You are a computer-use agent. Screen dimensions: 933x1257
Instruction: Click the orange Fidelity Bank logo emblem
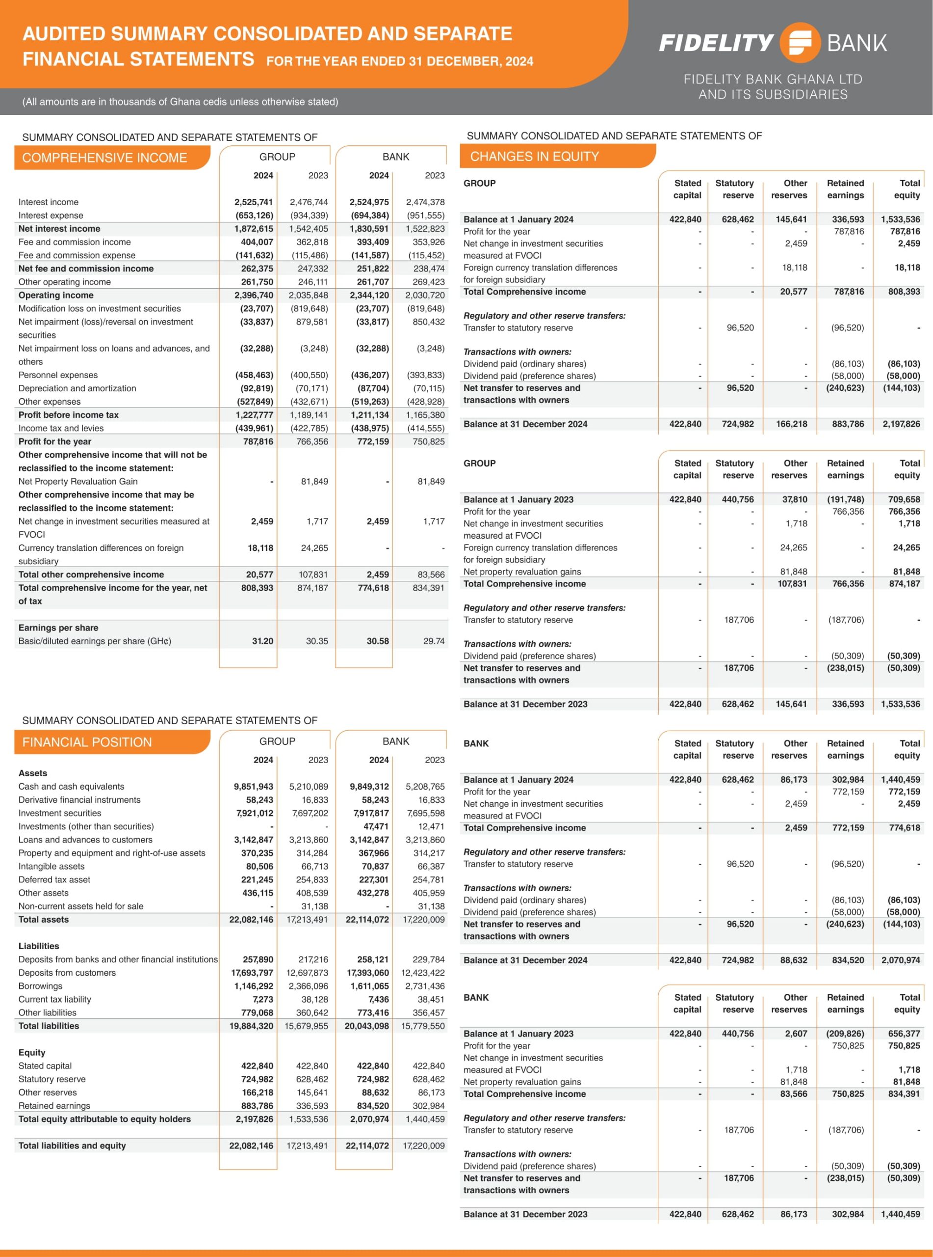(800, 42)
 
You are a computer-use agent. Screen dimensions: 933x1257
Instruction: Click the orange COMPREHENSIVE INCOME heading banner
(112, 158)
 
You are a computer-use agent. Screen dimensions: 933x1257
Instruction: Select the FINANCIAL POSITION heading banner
(112, 742)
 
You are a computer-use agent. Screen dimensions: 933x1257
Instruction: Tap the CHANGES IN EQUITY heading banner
(557, 156)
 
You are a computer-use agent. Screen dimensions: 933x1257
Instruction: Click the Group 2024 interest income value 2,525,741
(254, 202)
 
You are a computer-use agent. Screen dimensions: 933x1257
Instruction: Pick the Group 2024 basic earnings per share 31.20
(262, 641)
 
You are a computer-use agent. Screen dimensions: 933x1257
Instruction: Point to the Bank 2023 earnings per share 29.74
(434, 641)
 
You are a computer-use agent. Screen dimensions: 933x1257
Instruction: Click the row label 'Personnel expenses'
(58, 375)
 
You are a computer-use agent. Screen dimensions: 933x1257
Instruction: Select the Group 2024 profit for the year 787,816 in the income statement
(258, 441)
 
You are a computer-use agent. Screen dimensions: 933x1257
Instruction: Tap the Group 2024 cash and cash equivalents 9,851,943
(254, 786)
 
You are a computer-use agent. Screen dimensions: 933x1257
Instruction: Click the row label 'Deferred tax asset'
(54, 879)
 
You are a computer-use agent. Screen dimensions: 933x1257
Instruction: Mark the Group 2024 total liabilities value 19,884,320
(251, 1026)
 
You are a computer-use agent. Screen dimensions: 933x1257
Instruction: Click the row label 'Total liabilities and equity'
(72, 1146)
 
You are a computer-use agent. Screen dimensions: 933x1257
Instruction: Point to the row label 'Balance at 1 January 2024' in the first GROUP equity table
(518, 219)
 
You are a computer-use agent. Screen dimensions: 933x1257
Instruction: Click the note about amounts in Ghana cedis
(180, 102)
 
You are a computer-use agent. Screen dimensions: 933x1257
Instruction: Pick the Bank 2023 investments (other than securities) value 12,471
(432, 826)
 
